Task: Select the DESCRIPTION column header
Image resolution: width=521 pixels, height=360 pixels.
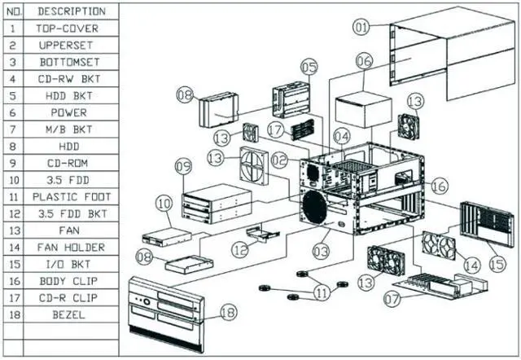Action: pos(71,11)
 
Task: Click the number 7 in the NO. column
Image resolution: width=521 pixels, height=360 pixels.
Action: pos(12,129)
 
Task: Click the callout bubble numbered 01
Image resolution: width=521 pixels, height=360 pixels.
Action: pos(361,27)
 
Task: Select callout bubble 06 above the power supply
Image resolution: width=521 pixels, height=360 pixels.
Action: pos(363,61)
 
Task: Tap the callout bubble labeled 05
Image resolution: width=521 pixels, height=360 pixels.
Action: pos(308,65)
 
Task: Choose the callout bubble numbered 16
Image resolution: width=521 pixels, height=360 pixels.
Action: pos(439,187)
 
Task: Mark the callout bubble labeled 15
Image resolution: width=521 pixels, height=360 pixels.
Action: pos(496,262)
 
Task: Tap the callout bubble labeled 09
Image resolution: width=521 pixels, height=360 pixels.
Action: pos(185,166)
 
